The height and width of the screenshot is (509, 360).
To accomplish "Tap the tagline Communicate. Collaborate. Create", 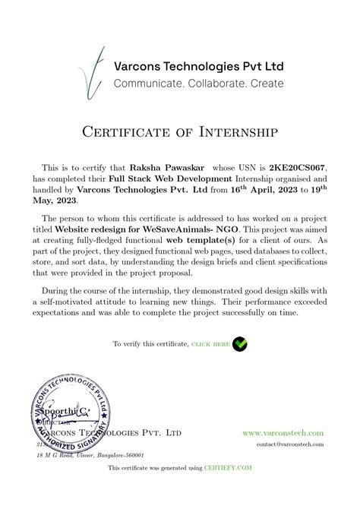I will coord(198,83).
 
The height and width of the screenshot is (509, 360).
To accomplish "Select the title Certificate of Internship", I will coord(180,133).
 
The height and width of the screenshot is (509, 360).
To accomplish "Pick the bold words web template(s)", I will coord(200,239).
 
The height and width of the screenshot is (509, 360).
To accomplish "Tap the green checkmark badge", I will coord(239,343).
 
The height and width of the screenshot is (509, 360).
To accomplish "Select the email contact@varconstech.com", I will coord(290,444).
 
